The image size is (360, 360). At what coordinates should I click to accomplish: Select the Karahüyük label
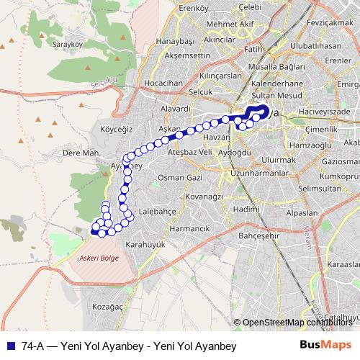click(x=145, y=245)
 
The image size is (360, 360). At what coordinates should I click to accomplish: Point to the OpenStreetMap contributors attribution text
click(x=297, y=322)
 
